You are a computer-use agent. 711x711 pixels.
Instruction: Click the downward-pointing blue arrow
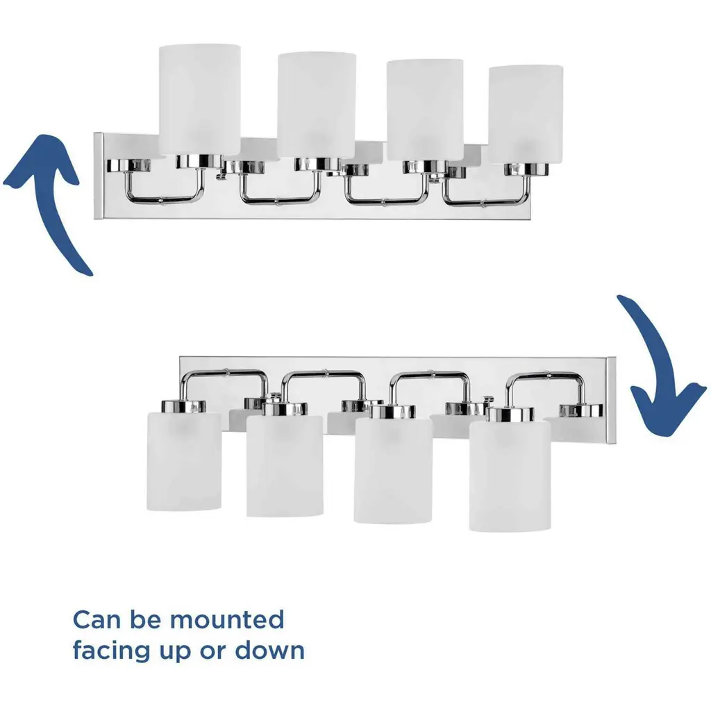click(653, 362)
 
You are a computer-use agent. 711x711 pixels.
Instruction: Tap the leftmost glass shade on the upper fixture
click(199, 101)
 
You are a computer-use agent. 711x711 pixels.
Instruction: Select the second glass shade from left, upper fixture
click(317, 106)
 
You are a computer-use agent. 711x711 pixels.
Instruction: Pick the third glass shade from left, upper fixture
click(425, 110)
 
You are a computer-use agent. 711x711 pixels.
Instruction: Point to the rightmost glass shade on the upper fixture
click(526, 115)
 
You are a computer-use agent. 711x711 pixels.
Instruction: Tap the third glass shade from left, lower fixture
click(393, 470)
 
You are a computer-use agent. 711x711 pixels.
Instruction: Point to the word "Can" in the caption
click(95, 620)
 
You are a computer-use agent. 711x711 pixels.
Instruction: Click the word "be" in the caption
click(146, 620)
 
